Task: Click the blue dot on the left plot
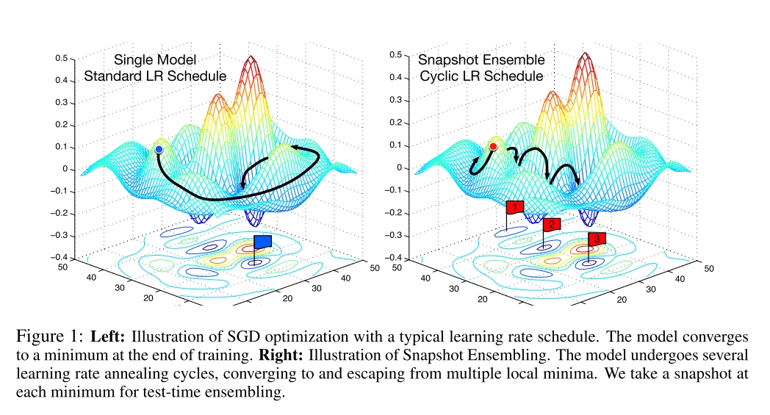[159, 150]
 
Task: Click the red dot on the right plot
[493, 147]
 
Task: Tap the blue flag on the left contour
[262, 242]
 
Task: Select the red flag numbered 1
[514, 207]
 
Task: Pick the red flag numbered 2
[553, 224]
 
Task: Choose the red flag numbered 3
[597, 239]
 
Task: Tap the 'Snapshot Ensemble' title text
[481, 59]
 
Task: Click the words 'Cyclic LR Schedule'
[481, 76]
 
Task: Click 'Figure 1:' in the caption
[48, 339]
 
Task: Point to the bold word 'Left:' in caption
[109, 339]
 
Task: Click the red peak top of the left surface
[252, 58]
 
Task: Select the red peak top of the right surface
[586, 55]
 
